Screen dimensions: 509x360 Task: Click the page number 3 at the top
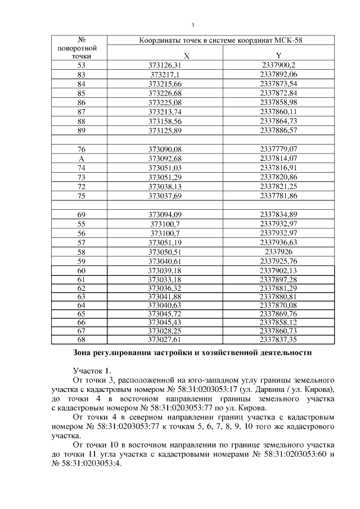193,25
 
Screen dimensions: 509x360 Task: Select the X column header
165,56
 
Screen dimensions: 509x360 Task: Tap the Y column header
278,56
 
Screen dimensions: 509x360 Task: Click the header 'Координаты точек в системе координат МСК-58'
222,41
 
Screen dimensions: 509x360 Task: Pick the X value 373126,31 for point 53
165,65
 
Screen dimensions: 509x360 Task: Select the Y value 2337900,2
278,65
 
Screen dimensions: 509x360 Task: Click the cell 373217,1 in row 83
165,74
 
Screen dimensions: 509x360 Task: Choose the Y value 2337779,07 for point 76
278,149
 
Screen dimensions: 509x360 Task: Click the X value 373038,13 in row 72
165,186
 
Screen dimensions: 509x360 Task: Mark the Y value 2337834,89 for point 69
278,214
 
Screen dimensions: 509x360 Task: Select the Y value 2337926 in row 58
278,251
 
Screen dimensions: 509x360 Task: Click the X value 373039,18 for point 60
165,270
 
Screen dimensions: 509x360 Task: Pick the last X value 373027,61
165,340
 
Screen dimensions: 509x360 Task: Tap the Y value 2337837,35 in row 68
278,340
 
